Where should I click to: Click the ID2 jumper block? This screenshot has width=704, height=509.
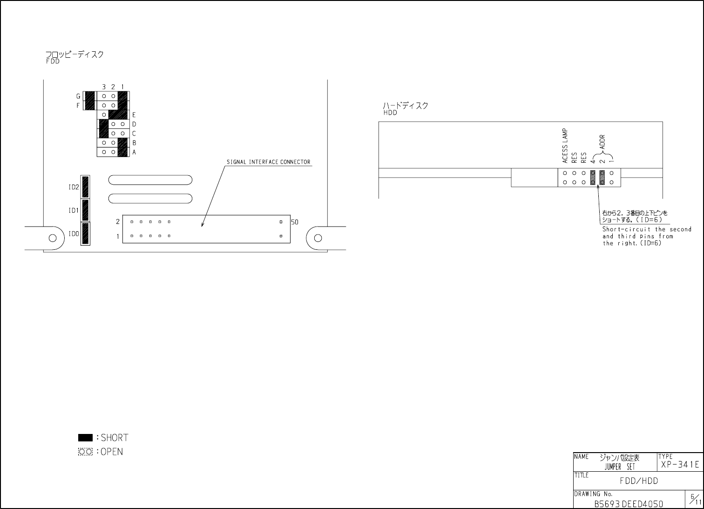pyautogui.click(x=85, y=186)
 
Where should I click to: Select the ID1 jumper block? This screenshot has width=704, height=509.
pyautogui.click(x=85, y=210)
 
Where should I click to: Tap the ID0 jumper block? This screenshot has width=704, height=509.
pyautogui.click(x=85, y=234)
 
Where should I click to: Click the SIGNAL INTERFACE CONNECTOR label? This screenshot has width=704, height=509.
pyautogui.click(x=268, y=162)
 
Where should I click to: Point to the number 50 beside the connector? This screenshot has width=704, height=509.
pyautogui.click(x=295, y=222)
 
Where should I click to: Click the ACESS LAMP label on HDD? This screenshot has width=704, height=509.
pyautogui.click(x=565, y=146)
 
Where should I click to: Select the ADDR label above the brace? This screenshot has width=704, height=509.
pyautogui.click(x=602, y=142)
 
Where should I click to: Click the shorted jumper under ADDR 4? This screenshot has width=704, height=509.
pyautogui.click(x=593, y=178)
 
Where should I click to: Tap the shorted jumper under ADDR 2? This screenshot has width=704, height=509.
pyautogui.click(x=602, y=178)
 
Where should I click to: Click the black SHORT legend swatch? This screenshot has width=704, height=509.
pyautogui.click(x=85, y=438)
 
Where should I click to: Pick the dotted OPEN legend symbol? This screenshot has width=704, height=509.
pyautogui.click(x=85, y=452)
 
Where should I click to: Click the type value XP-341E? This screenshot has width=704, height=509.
pyautogui.click(x=680, y=464)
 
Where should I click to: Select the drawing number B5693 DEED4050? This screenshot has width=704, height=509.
pyautogui.click(x=629, y=504)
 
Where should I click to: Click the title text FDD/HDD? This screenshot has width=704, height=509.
pyautogui.click(x=639, y=481)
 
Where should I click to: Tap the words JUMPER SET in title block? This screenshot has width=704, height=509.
pyautogui.click(x=620, y=467)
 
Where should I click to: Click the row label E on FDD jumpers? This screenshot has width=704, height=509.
pyautogui.click(x=134, y=115)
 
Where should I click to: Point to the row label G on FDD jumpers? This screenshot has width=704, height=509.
pyautogui.click(x=78, y=96)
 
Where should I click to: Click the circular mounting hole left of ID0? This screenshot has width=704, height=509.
pyautogui.click(x=53, y=238)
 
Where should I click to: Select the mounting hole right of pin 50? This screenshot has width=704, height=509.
pyautogui.click(x=318, y=238)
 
